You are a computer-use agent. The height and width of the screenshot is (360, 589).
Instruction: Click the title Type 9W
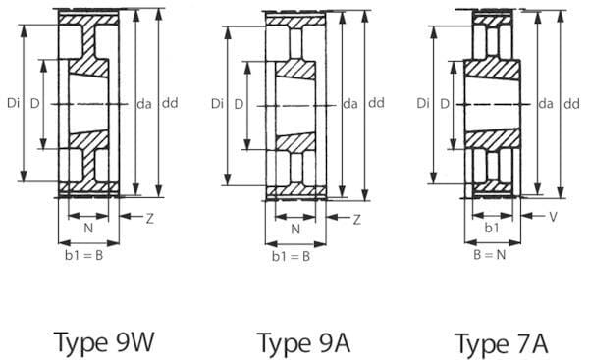104,342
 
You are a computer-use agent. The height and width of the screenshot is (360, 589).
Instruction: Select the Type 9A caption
303,343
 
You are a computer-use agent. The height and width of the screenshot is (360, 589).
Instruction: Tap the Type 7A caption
502,344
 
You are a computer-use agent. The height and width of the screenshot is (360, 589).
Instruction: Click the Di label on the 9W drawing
14,103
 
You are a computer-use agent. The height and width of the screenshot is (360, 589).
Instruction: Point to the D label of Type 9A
239,104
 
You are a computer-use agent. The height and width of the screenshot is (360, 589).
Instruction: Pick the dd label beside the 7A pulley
571,104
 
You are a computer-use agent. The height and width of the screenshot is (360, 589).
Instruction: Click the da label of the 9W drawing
144,104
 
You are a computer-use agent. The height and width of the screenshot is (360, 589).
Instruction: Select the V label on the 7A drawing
553,217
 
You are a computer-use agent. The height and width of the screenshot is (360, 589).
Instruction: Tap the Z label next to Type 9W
150,218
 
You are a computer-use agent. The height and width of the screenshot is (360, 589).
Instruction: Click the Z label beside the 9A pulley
357,219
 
